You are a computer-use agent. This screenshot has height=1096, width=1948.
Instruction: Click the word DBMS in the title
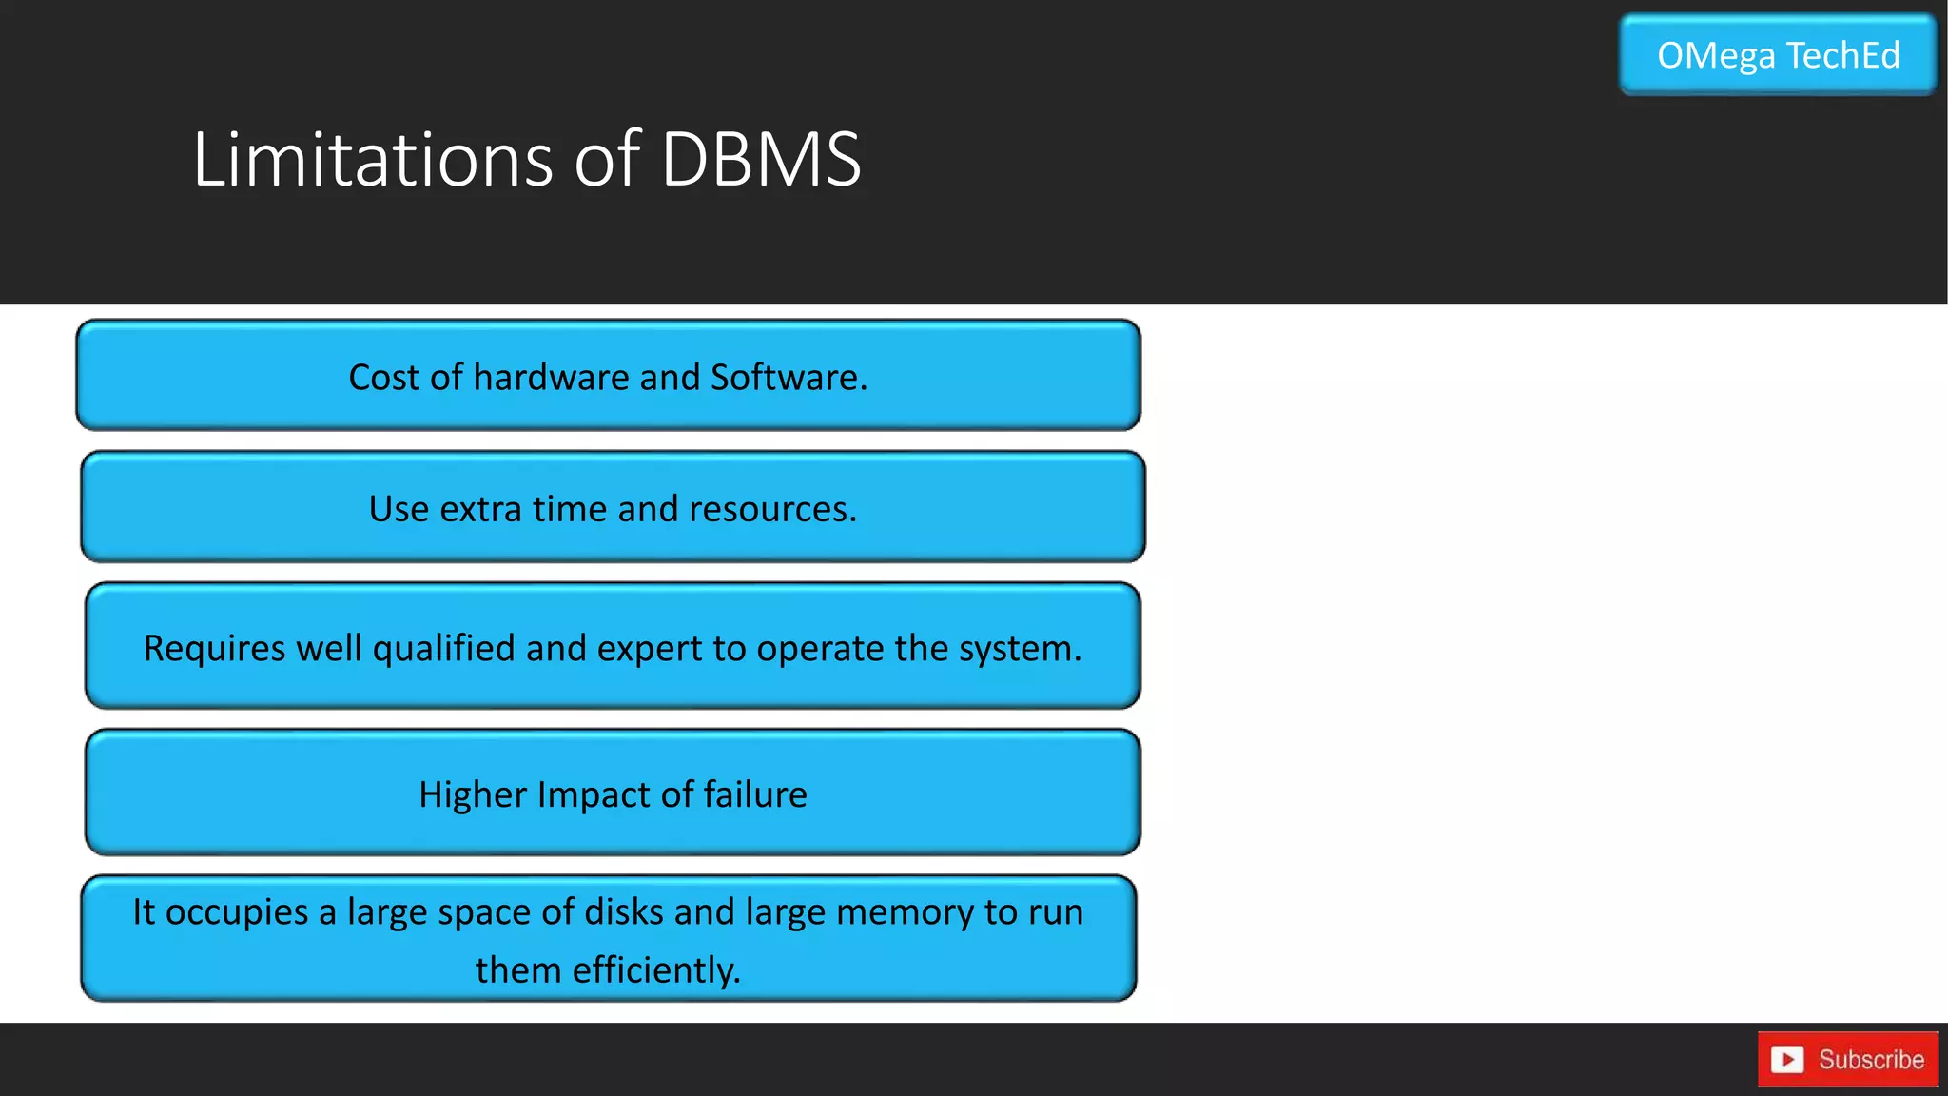tap(760, 159)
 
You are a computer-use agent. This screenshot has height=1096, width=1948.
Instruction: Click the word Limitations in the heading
tap(372, 159)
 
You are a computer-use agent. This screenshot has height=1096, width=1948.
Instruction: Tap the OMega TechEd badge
tap(1778, 55)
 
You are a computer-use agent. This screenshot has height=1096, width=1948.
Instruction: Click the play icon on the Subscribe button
tap(1787, 1059)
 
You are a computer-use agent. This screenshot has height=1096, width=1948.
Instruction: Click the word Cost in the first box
tap(383, 378)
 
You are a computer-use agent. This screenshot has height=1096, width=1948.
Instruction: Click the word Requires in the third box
tap(214, 649)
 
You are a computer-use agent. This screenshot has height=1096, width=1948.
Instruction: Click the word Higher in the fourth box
tap(473, 794)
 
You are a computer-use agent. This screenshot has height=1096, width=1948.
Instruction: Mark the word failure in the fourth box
tap(755, 794)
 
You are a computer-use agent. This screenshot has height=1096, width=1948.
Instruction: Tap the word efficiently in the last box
tap(655, 970)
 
